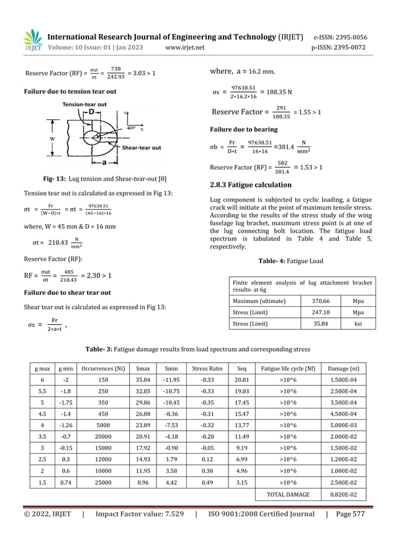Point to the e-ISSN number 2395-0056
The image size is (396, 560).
(348, 37)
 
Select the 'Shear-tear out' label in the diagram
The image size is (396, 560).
(142, 148)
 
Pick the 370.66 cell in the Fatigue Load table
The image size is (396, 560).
(321, 301)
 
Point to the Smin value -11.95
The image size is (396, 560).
(169, 380)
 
